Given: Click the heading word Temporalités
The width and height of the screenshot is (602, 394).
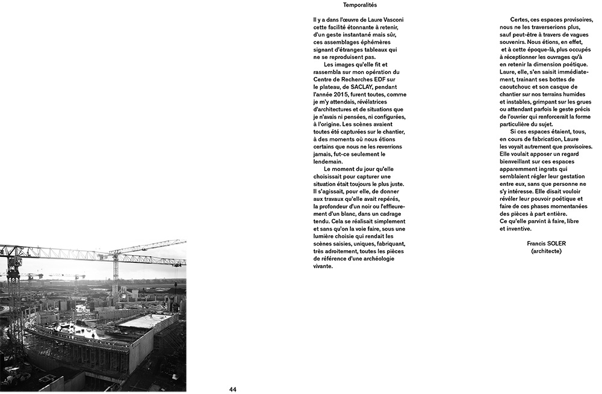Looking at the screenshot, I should (359, 5).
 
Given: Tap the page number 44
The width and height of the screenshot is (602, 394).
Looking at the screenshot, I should (232, 389).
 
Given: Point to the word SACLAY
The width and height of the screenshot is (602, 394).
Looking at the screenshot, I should (374, 87).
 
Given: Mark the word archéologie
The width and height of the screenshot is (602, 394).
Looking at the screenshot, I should (383, 259).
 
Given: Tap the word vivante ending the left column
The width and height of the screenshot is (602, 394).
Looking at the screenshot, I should (323, 266).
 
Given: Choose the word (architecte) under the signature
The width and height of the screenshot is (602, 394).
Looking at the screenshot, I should (547, 251).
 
